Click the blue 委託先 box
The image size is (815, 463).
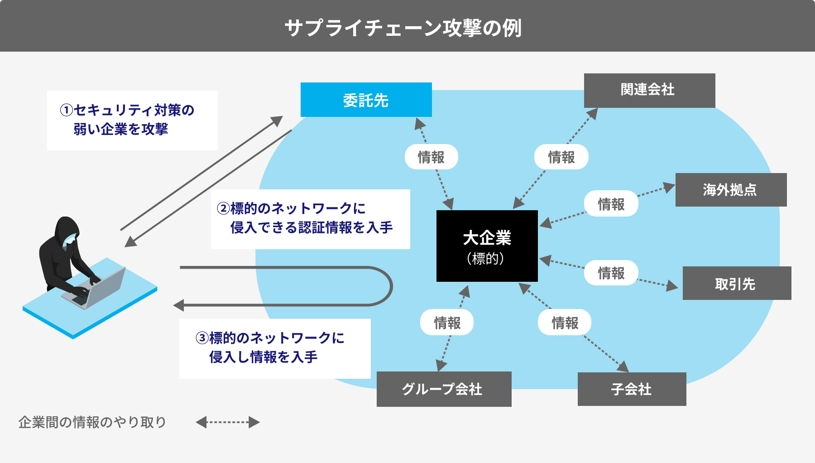pos(366,100)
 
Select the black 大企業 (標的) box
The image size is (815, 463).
pos(487,246)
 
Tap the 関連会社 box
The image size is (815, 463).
pos(649,90)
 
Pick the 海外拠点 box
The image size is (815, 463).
pos(731,190)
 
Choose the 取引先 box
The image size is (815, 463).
pos(737,283)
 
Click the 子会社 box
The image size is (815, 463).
pos(632,389)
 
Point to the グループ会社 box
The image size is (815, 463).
pos(444,389)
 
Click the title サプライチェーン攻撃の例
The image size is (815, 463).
pos(403,28)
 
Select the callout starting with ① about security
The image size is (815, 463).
pos(132,121)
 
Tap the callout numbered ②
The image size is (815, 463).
pos(311,219)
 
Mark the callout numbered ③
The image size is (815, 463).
pos(275,348)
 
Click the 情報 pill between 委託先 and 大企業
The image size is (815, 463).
pos(431,157)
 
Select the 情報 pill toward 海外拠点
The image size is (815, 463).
pos(611,203)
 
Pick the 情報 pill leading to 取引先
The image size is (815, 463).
pos(611,273)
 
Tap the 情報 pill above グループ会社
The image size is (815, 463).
pos(447,322)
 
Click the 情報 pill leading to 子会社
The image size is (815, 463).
pos(565,322)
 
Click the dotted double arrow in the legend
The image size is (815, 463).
pos(228,422)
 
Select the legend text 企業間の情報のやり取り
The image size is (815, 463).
pos(92,422)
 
